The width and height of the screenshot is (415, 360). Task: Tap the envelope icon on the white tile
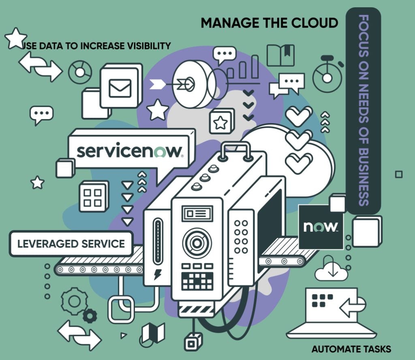click(x=120, y=87)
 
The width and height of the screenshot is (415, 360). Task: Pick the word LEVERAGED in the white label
click(x=45, y=244)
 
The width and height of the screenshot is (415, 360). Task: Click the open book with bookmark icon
click(x=280, y=55)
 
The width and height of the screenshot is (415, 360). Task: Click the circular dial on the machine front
click(x=197, y=243)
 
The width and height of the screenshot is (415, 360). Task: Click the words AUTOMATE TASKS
click(x=351, y=349)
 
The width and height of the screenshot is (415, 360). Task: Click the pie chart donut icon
click(x=80, y=72)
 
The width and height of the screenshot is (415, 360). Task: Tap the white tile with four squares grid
click(x=93, y=197)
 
